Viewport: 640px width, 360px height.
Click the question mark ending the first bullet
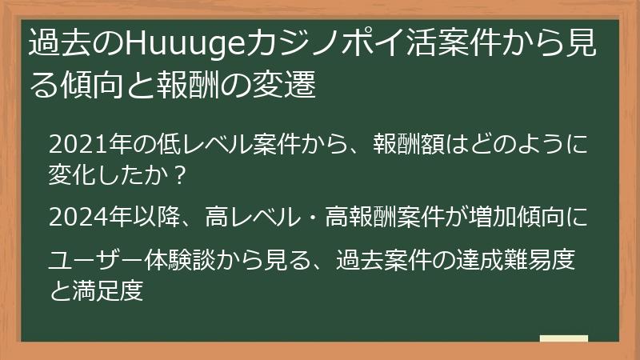pyautogui.click(x=181, y=173)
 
